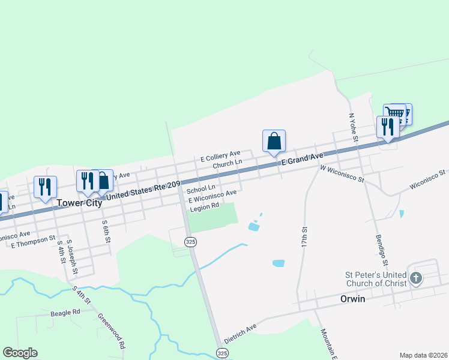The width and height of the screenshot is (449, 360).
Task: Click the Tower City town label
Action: [x=79, y=203]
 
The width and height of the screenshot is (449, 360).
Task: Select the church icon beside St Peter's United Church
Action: [x=416, y=278]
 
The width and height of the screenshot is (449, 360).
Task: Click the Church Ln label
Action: [x=227, y=163]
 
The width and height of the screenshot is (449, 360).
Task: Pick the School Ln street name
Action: [x=200, y=188]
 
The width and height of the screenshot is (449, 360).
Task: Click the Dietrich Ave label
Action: [x=240, y=333]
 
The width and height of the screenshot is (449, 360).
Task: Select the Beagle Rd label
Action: [x=65, y=313]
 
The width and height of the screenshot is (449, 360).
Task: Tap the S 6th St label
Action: [x=106, y=232]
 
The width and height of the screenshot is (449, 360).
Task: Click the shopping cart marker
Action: [x=395, y=113]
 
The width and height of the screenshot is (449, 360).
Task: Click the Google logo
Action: [x=20, y=353]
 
